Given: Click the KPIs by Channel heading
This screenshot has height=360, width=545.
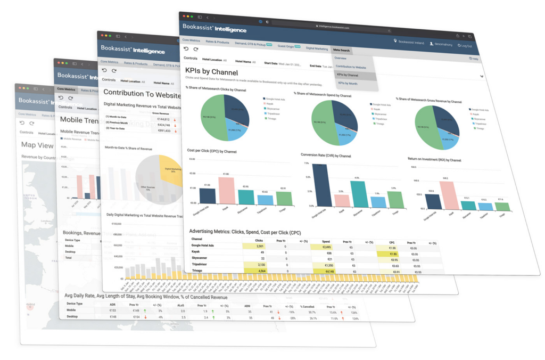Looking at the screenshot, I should click(211, 72).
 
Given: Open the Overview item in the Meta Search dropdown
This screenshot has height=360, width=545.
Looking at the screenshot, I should click(341, 58).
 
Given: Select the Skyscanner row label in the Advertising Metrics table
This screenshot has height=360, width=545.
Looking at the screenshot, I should click(200, 258).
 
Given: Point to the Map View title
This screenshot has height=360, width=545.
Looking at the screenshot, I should click(37, 145).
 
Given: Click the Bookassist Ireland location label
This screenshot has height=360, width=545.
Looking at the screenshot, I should click(409, 42).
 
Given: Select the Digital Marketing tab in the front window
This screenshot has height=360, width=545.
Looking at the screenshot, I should click(317, 48).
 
